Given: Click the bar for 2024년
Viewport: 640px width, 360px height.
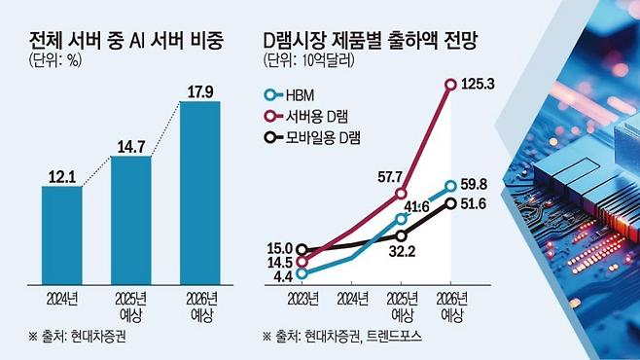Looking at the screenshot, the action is point(62,235).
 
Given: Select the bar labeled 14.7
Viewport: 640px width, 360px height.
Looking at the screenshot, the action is point(131,221).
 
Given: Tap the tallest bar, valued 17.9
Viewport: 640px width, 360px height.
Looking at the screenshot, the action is point(200,193).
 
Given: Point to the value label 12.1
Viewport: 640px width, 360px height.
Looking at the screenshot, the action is point(62,177).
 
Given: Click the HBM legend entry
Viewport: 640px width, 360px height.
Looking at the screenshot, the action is point(290,95).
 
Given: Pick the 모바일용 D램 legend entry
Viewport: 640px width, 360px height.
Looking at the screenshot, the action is point(312,137).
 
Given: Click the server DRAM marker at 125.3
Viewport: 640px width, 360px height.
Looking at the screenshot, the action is point(450,85).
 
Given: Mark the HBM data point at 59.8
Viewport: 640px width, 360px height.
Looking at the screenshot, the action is point(450,186).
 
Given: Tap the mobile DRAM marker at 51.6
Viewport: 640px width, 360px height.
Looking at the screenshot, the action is point(450,203).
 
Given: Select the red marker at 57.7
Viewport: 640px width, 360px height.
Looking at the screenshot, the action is point(402,193).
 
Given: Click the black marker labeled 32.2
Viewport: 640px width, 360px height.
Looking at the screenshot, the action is point(402,235).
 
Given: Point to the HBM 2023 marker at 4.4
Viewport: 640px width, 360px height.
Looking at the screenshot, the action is point(302,273).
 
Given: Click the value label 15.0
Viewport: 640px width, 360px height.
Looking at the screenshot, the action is point(279,248).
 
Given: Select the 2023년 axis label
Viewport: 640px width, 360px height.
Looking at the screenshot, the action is point(302,299).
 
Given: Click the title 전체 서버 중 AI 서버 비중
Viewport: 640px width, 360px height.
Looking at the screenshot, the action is point(126,41).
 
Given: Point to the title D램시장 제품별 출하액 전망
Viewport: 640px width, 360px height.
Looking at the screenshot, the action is point(371,41).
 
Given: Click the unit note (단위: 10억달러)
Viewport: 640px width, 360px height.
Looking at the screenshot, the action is point(308,60).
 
